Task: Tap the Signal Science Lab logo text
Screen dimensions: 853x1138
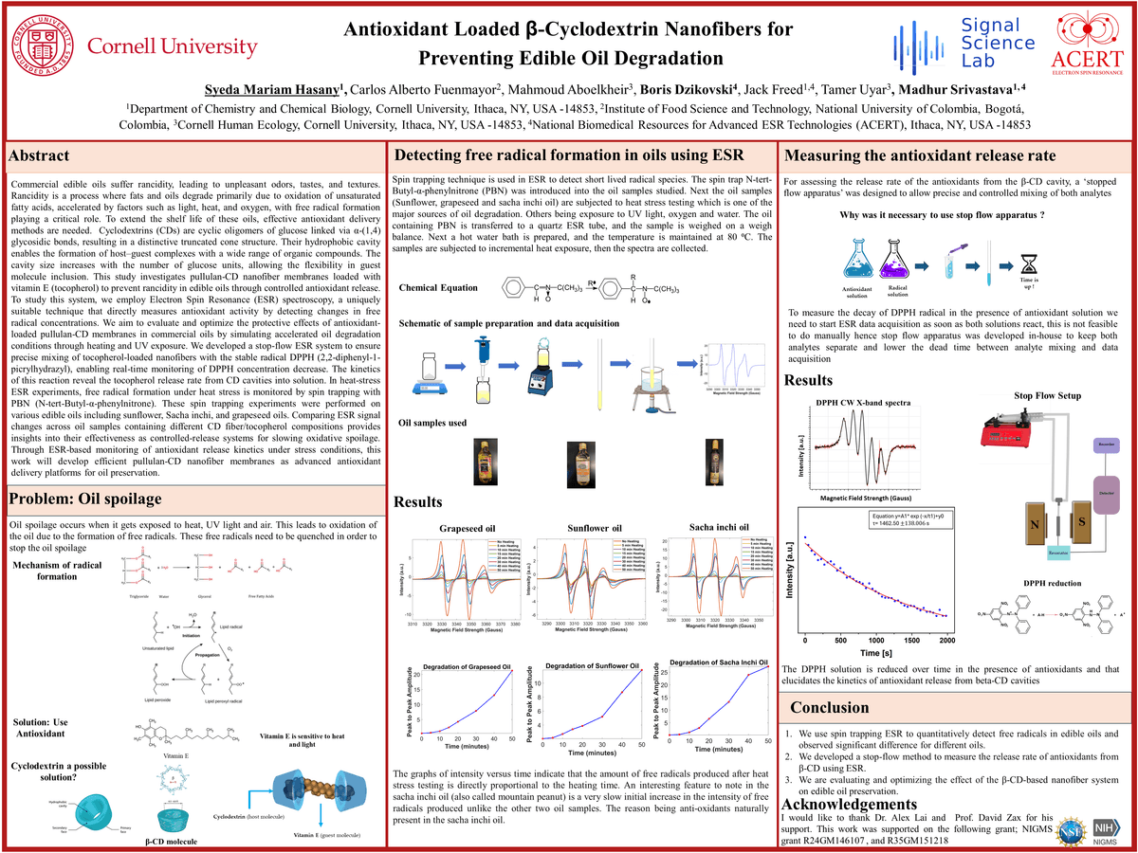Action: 998,44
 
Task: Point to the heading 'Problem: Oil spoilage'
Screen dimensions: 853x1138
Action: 85,499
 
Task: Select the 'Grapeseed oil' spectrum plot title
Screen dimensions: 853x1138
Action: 468,528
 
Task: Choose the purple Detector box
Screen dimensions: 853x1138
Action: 1106,494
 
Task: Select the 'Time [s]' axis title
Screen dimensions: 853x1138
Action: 876,653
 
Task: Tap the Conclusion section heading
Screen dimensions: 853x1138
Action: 830,707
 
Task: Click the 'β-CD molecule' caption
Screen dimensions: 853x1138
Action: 174,840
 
